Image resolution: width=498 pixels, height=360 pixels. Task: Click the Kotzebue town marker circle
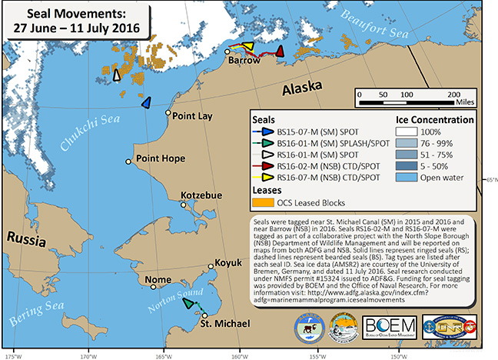pos(183,205)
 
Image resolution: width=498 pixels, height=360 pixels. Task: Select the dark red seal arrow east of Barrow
pos(280,52)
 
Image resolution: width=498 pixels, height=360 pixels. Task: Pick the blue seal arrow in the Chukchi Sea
pos(146,103)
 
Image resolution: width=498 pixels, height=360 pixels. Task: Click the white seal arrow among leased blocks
pos(117,75)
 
